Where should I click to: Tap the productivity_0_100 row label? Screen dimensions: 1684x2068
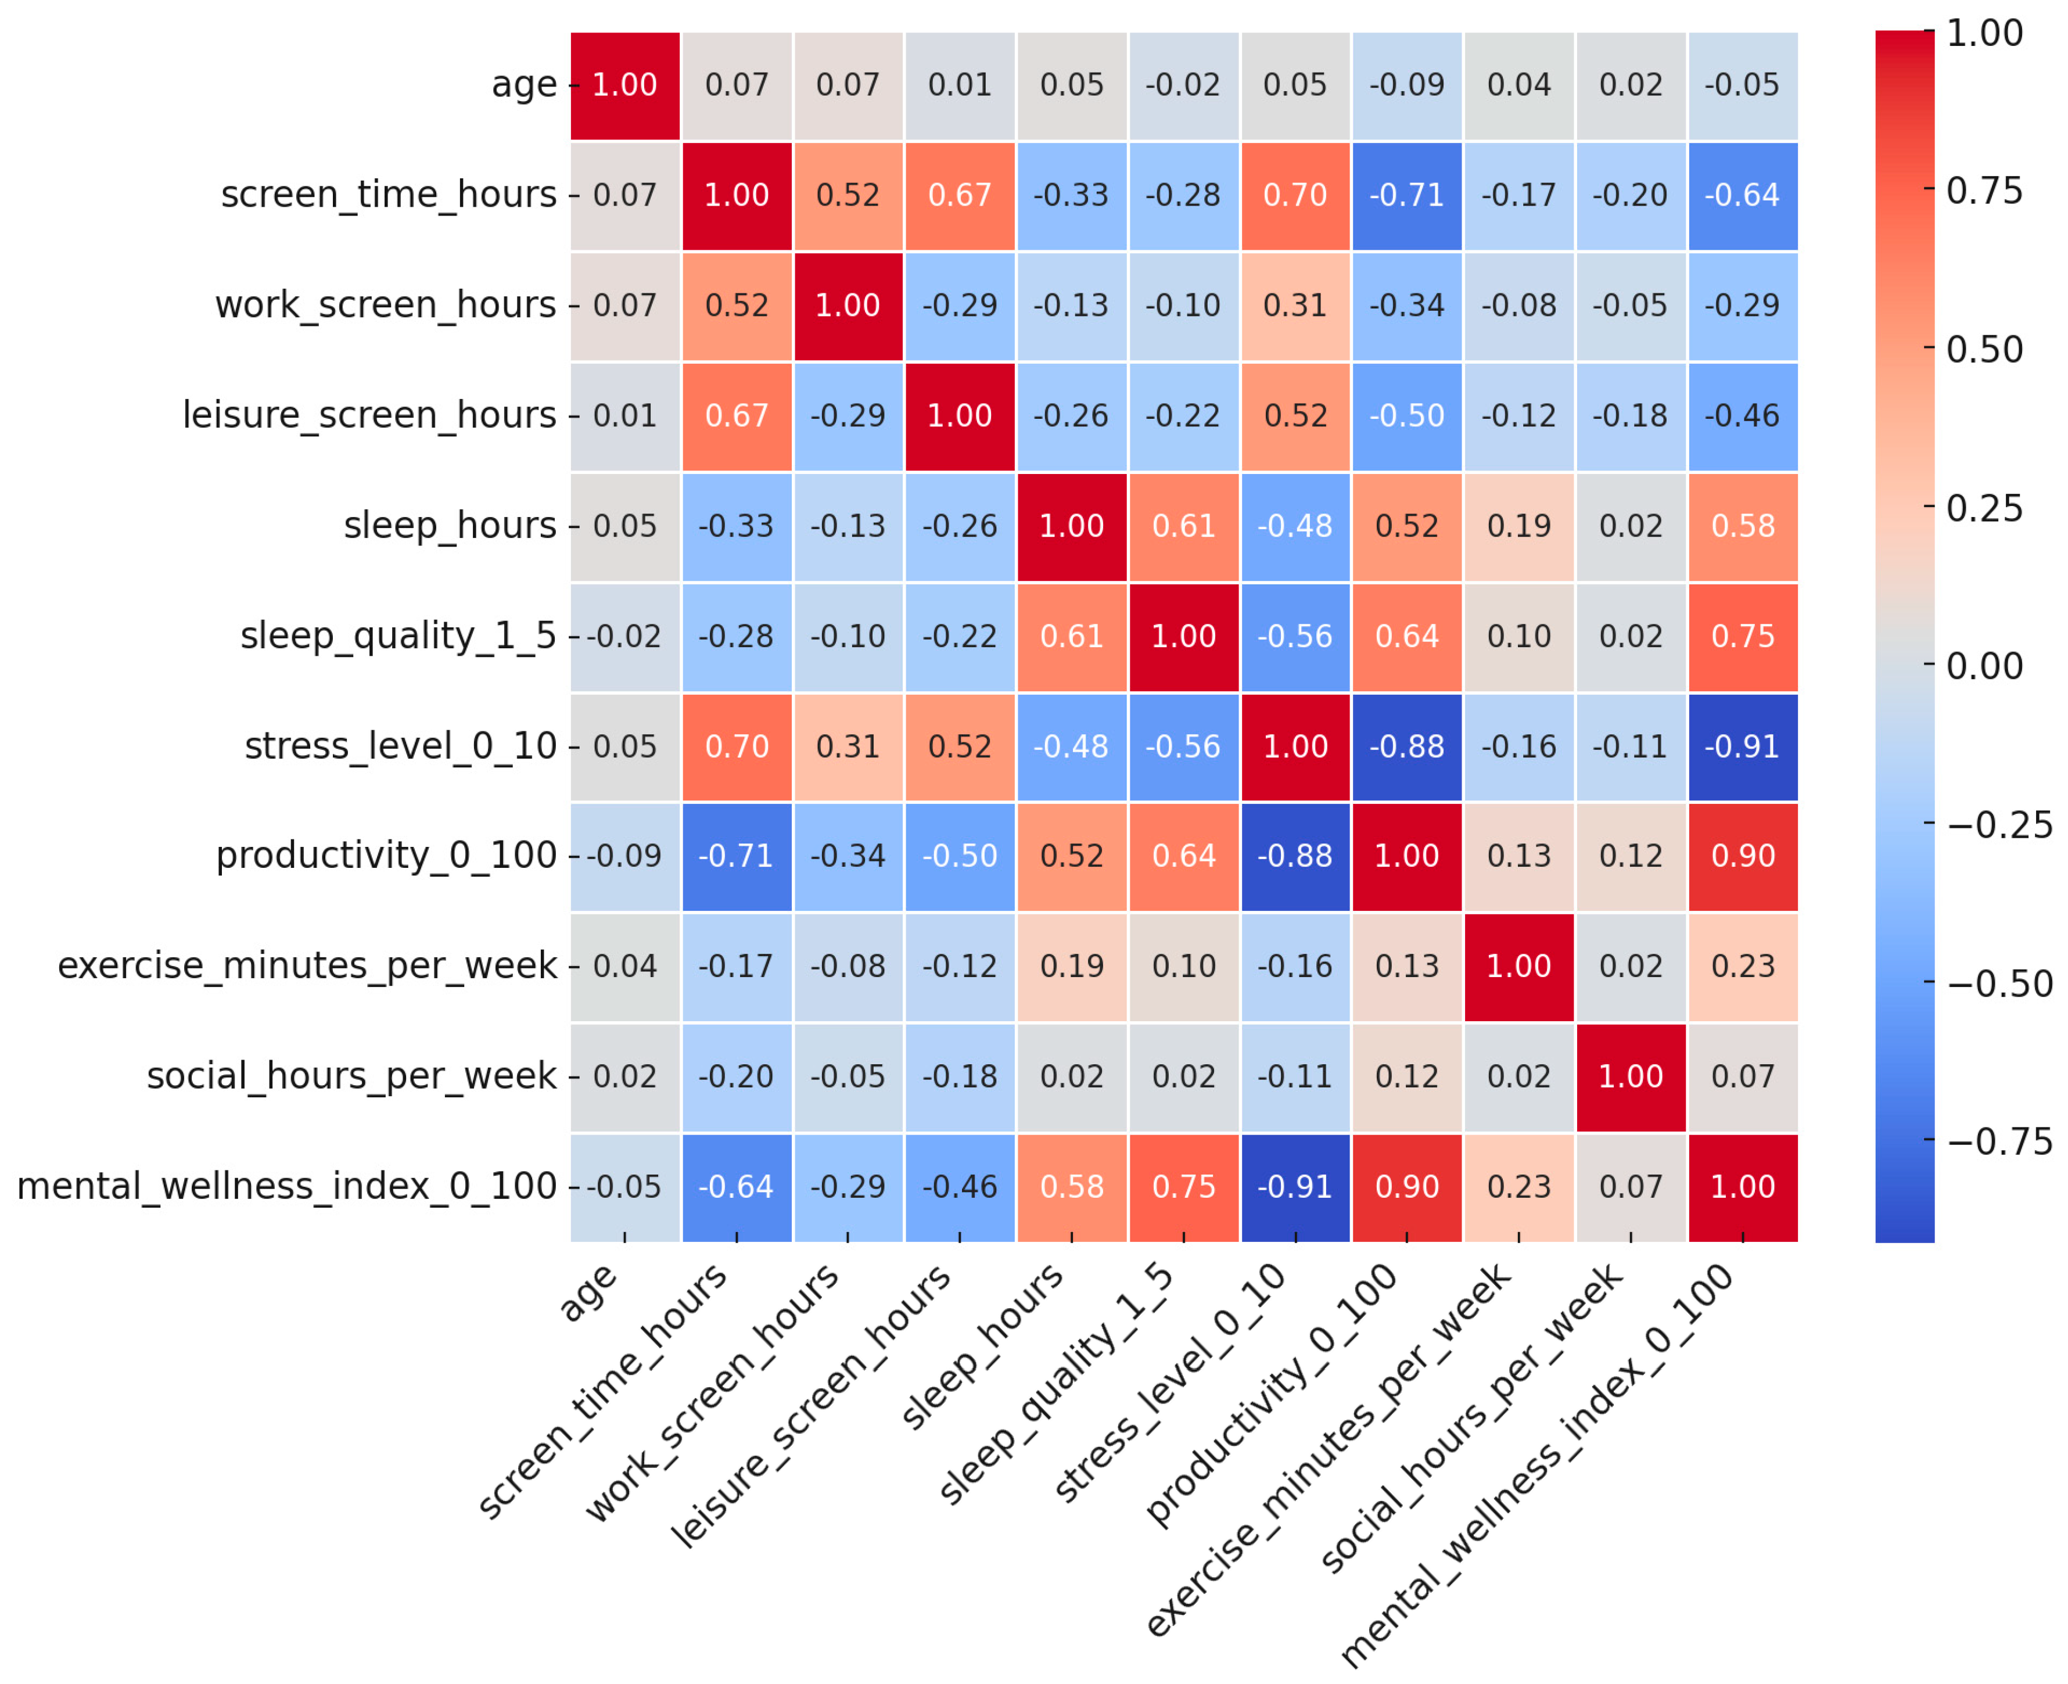tap(386, 856)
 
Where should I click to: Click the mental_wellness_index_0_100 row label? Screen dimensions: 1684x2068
tap(287, 1186)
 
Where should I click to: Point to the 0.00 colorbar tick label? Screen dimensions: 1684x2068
tap(1984, 666)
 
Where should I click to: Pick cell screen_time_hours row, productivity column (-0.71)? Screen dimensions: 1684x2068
tap(1406, 196)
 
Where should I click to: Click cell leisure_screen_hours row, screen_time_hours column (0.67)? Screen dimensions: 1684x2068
tap(736, 416)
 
